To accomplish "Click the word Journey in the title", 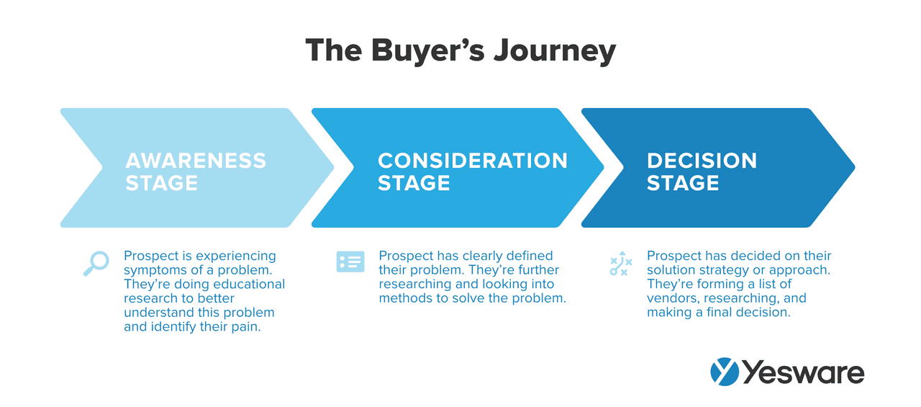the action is click(555, 51).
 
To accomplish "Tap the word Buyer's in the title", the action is click(428, 51).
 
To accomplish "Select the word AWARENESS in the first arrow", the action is click(196, 161).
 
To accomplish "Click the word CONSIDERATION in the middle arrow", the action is click(473, 161).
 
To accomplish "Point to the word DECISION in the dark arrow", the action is click(702, 161).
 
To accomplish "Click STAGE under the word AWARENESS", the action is click(162, 183).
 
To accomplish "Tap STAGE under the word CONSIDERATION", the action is click(414, 183).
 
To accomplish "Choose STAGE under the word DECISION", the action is click(683, 183).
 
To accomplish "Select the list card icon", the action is click(350, 261).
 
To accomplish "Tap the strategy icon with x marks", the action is click(621, 264).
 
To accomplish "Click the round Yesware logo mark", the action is click(725, 372).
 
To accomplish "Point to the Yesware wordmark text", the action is click(804, 372).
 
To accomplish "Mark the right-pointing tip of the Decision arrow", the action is click(856, 168).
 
